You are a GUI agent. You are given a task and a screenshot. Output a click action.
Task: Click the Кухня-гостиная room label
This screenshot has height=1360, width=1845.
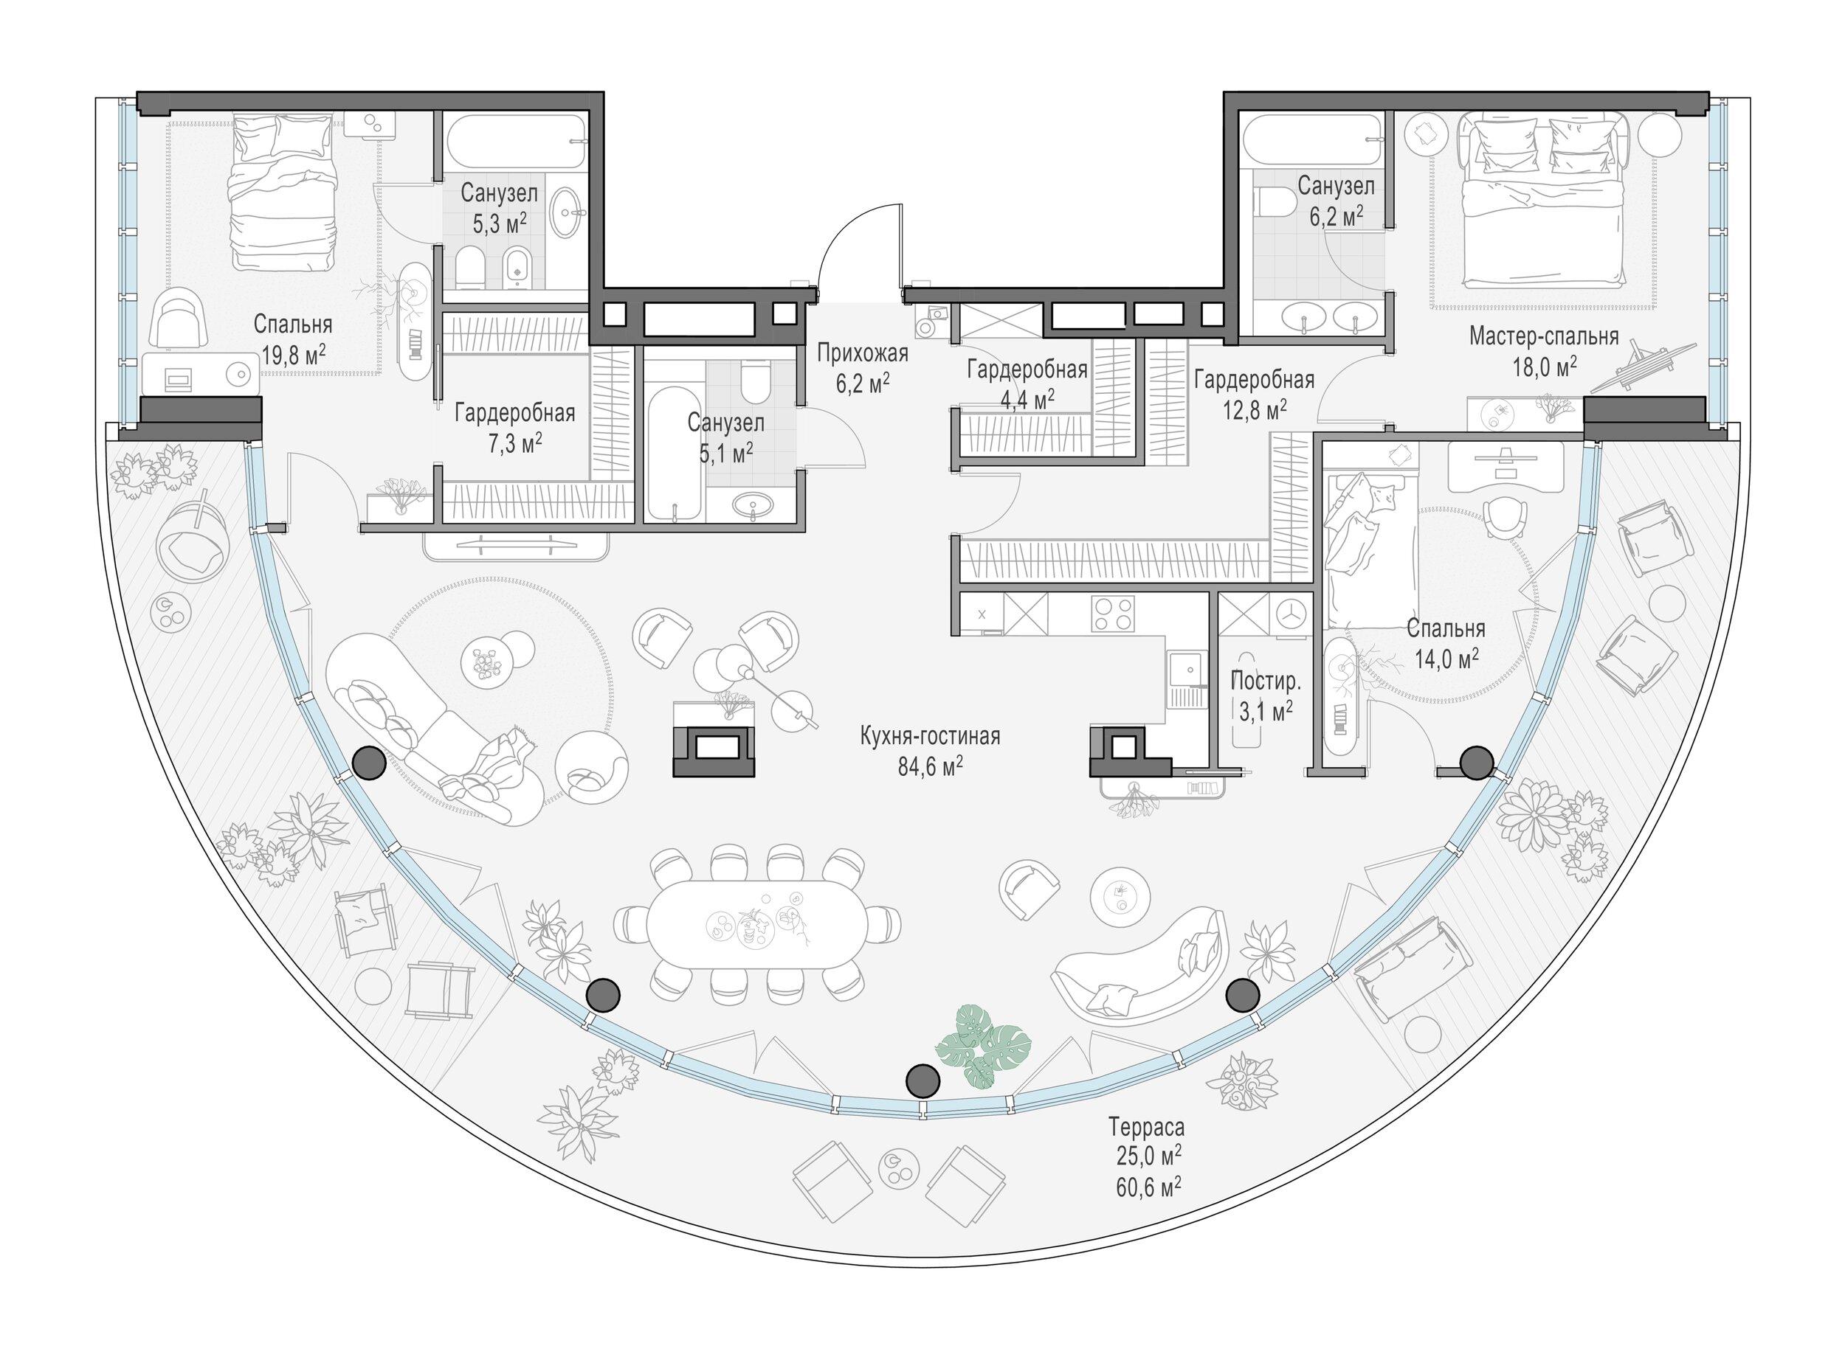(930, 735)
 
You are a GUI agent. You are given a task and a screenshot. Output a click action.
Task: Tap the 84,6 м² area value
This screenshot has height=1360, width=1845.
(930, 766)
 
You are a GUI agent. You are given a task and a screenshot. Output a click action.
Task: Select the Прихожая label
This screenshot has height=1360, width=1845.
(863, 353)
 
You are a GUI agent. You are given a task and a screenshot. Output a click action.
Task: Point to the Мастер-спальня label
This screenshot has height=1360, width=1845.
(1544, 336)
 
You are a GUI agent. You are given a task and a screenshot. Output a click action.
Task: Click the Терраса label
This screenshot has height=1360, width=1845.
(1145, 1125)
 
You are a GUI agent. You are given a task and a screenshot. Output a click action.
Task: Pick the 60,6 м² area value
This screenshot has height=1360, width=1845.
(1149, 1185)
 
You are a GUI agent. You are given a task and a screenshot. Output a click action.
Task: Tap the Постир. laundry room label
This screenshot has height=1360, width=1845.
(1265, 681)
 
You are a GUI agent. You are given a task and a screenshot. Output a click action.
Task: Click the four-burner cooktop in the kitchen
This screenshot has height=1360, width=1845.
(1112, 614)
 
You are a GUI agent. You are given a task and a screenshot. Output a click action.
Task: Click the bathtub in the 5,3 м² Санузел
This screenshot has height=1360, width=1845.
(517, 142)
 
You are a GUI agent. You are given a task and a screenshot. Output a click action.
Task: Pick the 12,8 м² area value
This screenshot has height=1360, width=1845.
(1254, 409)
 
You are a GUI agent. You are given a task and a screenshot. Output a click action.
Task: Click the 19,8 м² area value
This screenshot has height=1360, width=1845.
(294, 355)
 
